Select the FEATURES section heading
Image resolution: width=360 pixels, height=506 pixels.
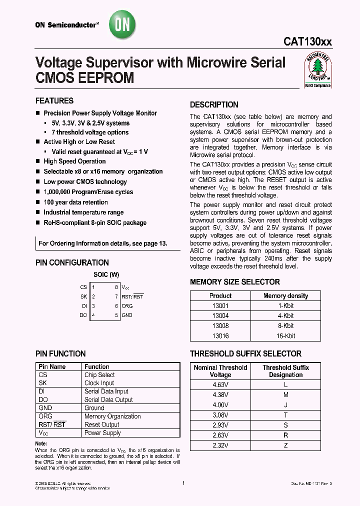pyautogui.click(x=54, y=100)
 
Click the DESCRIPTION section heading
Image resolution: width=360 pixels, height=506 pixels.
pyautogui.click(x=214, y=104)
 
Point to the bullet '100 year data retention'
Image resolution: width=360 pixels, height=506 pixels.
pyautogui.click(x=75, y=202)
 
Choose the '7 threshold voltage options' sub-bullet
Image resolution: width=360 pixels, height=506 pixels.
pyautogui.click(x=90, y=132)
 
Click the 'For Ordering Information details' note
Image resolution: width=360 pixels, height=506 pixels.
pyautogui.click(x=103, y=243)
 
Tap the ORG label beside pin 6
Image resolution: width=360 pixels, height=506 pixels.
pyautogui.click(x=127, y=306)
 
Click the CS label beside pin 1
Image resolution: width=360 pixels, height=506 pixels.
pyautogui.click(x=83, y=287)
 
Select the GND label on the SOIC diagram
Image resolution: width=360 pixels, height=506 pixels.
pyautogui.click(x=127, y=315)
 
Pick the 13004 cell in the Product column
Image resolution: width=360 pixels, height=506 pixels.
pyautogui.click(x=220, y=316)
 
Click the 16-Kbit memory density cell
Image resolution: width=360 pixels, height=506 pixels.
pyautogui.click(x=285, y=336)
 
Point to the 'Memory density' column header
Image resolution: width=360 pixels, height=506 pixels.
pyautogui.click(x=285, y=295)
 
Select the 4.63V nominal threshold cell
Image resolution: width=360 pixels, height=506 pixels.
pyautogui.click(x=220, y=384)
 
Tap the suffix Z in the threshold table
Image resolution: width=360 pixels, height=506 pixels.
pyautogui.click(x=285, y=445)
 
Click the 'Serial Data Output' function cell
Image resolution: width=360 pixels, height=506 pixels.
pyautogui.click(x=108, y=399)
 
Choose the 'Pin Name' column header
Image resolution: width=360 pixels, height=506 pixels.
pyautogui.click(x=52, y=366)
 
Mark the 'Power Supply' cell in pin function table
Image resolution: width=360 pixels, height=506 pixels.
pyautogui.click(x=102, y=432)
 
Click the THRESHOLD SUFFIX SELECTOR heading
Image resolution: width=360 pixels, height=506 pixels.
pyautogui.click(x=245, y=353)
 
